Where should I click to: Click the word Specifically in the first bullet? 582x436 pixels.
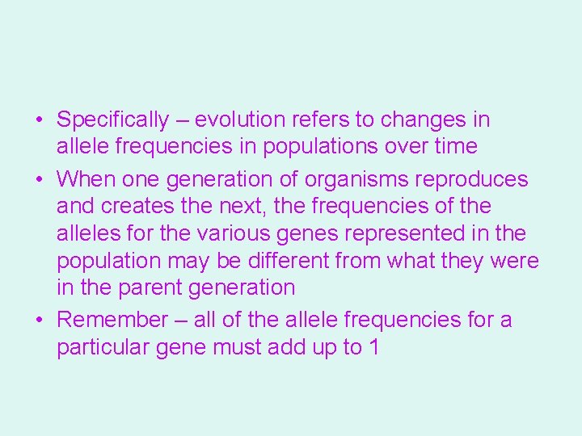tap(112, 120)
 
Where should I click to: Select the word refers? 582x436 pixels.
tap(324, 120)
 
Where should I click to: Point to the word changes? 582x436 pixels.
tap(424, 120)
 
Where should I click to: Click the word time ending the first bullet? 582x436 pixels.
tap(455, 147)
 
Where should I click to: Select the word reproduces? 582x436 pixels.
tap(476, 179)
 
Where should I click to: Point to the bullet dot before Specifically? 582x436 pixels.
tap(39, 121)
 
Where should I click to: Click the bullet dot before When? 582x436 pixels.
tap(39, 180)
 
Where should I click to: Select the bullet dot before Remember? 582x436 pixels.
tap(39, 321)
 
